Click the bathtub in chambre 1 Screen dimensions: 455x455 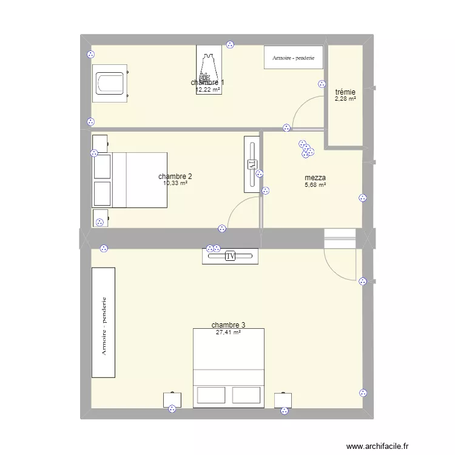tap(110, 84)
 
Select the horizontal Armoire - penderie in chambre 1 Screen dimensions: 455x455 tap(293, 58)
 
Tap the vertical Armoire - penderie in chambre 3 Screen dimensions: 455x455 tap(103, 322)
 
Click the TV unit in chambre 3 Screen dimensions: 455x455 tap(230, 256)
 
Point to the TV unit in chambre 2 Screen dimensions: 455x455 tap(252, 164)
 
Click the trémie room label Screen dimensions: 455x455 tap(345, 92)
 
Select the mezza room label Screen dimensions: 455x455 tap(315, 178)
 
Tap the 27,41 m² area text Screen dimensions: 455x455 tap(229, 332)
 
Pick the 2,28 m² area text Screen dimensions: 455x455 tap(346, 99)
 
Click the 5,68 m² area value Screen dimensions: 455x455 tap(315, 185)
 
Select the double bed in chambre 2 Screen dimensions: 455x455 tap(130, 180)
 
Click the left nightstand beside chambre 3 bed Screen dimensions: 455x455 tap(172, 400)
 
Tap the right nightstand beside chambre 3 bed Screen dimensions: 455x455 tap(283, 400)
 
